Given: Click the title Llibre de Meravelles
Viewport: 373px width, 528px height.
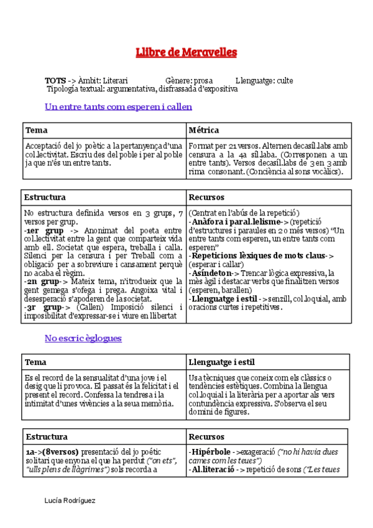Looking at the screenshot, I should click(x=186, y=52).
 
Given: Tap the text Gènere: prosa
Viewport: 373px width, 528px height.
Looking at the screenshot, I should click(x=190, y=81).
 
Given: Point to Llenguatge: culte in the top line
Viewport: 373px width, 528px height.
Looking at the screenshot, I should click(x=264, y=81).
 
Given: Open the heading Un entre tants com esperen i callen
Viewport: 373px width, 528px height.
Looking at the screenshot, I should click(x=118, y=106).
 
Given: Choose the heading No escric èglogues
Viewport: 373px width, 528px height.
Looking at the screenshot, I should click(x=83, y=338).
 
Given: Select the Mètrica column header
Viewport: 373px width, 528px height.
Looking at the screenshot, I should click(x=203, y=130).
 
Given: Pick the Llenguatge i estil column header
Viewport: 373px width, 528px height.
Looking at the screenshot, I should click(x=221, y=362).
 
